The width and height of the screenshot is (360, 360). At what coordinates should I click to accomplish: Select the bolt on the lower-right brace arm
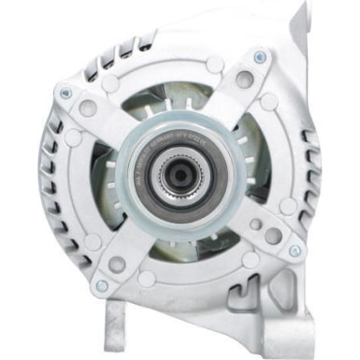point(295,250)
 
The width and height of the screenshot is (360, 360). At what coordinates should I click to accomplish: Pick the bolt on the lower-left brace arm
point(101,285)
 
